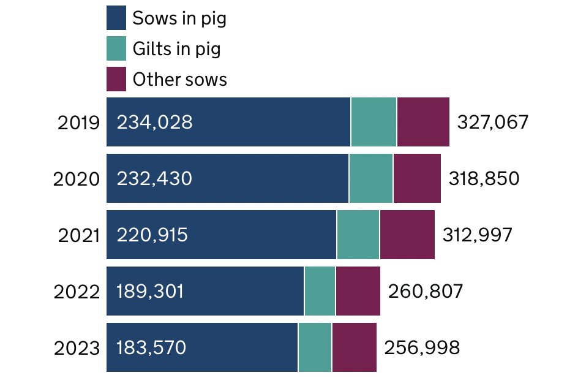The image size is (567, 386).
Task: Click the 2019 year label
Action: point(78,123)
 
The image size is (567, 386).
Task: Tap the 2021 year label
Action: point(78,235)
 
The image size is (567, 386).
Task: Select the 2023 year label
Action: point(77,348)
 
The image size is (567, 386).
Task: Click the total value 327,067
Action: point(492,123)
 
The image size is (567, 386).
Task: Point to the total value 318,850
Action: point(484,179)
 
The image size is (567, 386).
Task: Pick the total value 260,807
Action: point(425,292)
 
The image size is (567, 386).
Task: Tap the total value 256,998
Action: point(421,348)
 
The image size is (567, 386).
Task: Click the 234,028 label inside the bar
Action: point(154,123)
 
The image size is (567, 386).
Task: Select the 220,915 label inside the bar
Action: point(152,235)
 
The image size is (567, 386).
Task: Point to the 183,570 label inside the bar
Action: point(151,348)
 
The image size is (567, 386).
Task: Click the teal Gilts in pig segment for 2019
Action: point(374,122)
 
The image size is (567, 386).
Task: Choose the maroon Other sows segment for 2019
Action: point(423,122)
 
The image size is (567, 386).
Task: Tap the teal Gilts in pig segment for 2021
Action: point(358,235)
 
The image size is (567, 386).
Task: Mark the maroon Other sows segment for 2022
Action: point(358,291)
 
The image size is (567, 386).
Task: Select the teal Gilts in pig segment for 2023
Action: point(315,347)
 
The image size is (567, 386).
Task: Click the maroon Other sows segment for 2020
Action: point(417,178)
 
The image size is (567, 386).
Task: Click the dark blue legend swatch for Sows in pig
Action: point(116,18)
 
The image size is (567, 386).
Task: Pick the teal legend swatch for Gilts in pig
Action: point(116,48)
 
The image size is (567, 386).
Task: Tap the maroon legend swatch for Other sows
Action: point(116,79)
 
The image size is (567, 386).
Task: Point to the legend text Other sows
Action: point(179,80)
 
